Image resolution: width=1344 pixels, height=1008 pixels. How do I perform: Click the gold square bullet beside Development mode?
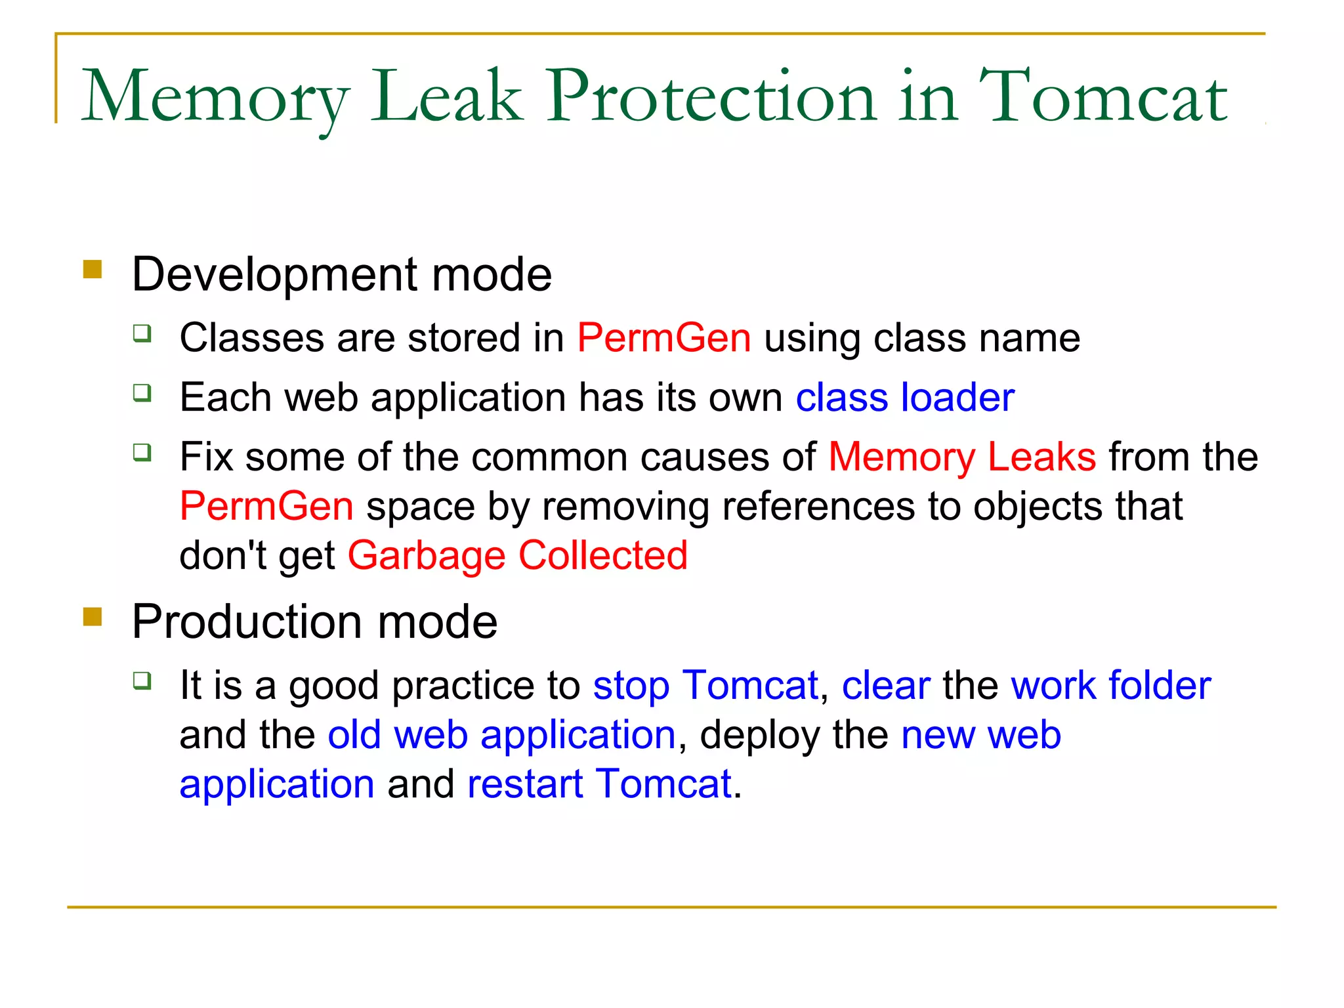(x=93, y=270)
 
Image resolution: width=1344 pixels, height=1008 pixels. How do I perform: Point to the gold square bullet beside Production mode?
(x=93, y=617)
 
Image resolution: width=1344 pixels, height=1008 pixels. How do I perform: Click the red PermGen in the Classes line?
(x=663, y=338)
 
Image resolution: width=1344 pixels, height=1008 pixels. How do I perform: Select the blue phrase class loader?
(x=905, y=397)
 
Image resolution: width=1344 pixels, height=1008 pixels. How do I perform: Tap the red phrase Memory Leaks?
(x=962, y=457)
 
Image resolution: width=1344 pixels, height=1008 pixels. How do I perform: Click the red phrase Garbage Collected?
(x=517, y=555)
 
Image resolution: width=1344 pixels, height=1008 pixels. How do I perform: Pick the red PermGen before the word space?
(x=266, y=506)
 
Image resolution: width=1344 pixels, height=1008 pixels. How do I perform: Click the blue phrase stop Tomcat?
(x=705, y=685)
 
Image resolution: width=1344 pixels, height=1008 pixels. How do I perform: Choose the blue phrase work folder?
(x=1110, y=685)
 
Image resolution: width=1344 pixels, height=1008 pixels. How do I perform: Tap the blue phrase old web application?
(x=501, y=734)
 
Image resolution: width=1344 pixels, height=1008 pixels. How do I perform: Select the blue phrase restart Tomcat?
(x=599, y=784)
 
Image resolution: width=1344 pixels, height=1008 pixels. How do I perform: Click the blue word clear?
(x=886, y=685)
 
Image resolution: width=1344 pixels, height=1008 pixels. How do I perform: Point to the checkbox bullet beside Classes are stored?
(x=142, y=333)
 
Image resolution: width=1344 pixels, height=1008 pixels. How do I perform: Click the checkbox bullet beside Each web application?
(x=142, y=393)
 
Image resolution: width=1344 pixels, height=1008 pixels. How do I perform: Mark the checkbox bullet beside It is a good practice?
(x=142, y=681)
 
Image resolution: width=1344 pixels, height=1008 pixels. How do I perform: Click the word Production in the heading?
(x=246, y=621)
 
